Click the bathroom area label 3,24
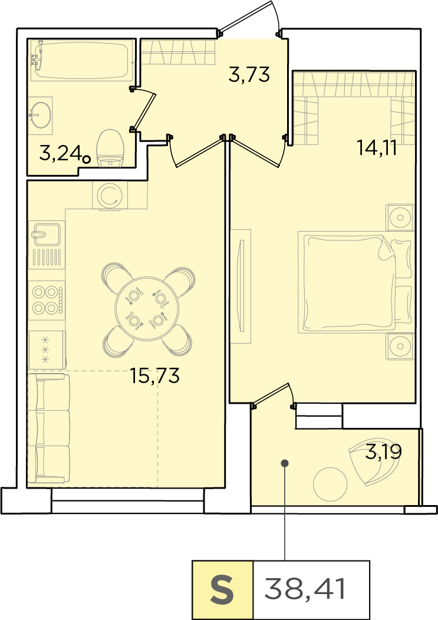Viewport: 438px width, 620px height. point(61,153)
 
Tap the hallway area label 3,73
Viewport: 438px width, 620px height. point(249,74)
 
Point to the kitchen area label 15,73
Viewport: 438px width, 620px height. point(154,375)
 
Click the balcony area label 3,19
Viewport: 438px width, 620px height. point(383,451)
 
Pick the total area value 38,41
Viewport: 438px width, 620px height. point(305,588)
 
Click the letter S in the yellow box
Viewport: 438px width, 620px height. point(222,589)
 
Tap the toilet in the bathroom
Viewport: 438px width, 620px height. point(110,149)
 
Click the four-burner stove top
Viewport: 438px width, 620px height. point(47,301)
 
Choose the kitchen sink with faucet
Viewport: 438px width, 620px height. point(47,245)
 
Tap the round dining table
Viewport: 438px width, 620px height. point(147,308)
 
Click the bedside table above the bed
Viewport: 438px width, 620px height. point(400,217)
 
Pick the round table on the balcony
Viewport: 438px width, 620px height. point(330,484)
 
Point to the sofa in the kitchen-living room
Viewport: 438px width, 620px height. point(48,428)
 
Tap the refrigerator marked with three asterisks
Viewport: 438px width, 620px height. point(47,349)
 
